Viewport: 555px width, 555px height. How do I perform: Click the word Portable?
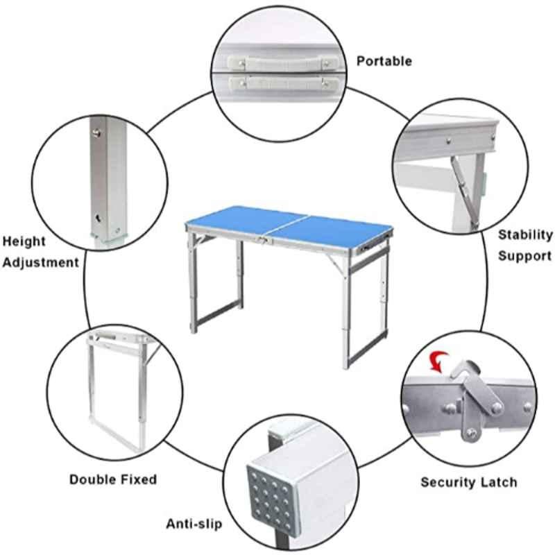click(384, 61)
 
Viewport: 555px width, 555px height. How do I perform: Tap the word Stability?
click(525, 234)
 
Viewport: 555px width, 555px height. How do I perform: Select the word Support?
click(525, 256)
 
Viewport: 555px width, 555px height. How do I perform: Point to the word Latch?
click(499, 482)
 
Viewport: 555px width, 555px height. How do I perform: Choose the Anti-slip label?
click(194, 524)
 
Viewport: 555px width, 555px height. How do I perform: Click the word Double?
click(94, 479)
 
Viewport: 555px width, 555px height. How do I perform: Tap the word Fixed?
click(139, 479)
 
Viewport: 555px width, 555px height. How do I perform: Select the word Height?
click(24, 241)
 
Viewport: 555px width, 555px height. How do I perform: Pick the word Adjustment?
click(41, 263)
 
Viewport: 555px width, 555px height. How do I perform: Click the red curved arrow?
click(438, 361)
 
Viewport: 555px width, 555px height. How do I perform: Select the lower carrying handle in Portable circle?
click(284, 84)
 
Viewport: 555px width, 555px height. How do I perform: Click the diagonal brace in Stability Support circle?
click(464, 193)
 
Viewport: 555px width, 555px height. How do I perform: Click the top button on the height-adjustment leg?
click(96, 133)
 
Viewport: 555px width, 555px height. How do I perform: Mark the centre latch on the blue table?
click(264, 240)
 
